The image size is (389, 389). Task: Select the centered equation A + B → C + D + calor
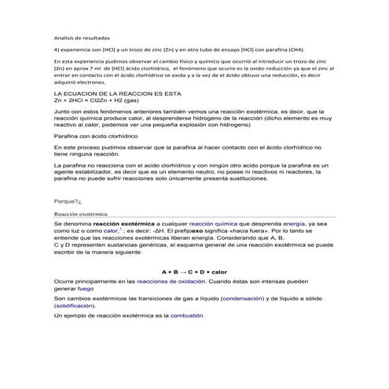pyautogui.click(x=194, y=271)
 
